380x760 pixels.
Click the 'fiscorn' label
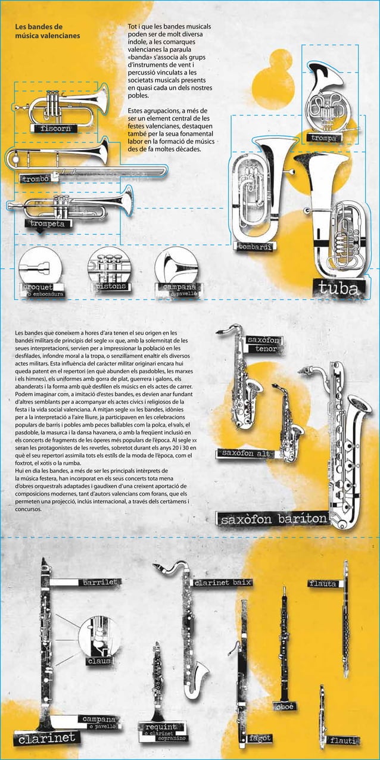pos(57,128)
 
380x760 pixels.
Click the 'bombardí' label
pos(256,247)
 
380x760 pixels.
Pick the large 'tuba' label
pos(338,289)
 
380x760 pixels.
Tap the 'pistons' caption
pos(110,286)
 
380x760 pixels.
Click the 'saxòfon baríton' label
pos(273,519)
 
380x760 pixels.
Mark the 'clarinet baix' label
pos(223,582)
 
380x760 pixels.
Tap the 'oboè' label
pos(284,706)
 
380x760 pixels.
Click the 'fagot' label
pos(261,739)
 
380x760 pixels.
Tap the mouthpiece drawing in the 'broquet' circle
pos(39,267)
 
